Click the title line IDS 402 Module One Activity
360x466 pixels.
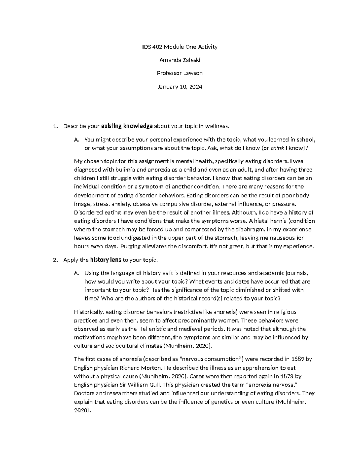click(x=180, y=47)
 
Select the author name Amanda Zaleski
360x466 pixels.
click(x=180, y=60)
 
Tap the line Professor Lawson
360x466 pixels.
click(x=180, y=73)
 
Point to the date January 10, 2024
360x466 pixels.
click(x=180, y=87)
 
